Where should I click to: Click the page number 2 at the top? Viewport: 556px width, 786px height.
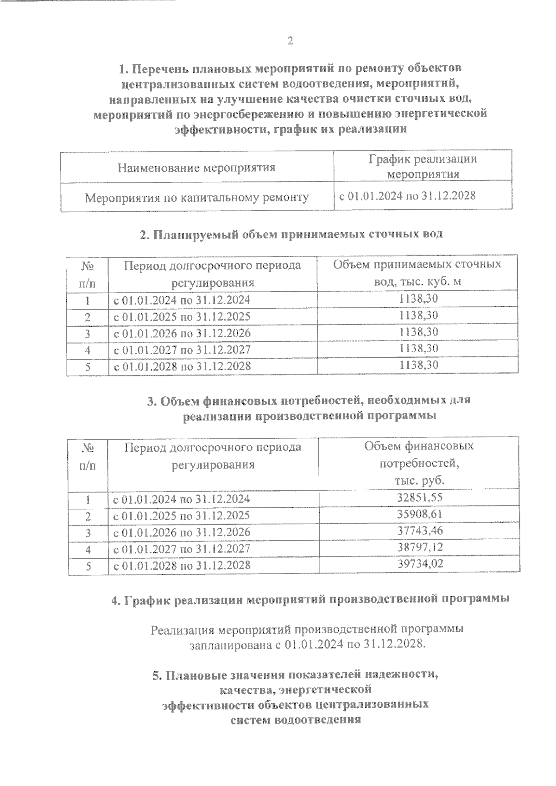click(x=290, y=41)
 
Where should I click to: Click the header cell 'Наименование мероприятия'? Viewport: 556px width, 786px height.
click(x=196, y=167)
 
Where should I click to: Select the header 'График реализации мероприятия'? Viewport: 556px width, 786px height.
click(x=423, y=167)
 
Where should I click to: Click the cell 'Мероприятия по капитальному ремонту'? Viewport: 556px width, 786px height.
click(x=196, y=198)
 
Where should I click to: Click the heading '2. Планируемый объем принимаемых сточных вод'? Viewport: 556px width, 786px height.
click(x=291, y=234)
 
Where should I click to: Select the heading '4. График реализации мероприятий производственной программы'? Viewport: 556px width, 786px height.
click(x=310, y=599)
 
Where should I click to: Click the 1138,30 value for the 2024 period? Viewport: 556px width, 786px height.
click(x=418, y=299)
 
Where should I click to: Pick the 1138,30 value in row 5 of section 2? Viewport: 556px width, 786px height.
click(x=418, y=365)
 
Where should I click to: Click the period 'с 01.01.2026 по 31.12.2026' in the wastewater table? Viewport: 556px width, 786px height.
click(x=182, y=333)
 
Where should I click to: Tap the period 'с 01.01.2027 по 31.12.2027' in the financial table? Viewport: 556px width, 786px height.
click(x=182, y=549)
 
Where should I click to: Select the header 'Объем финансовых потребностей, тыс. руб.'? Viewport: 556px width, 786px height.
click(x=419, y=463)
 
